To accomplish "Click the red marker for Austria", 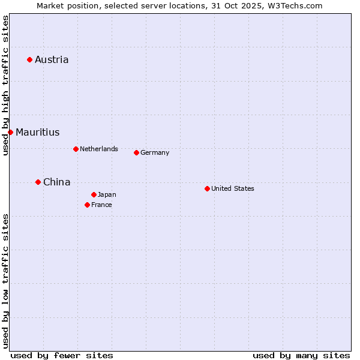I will tap(29, 59).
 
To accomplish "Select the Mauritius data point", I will tap(10, 132).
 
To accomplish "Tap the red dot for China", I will tap(38, 182).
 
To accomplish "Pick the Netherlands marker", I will tap(76, 149).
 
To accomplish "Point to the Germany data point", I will tap(136, 152).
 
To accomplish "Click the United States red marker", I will tap(207, 188).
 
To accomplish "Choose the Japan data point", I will tap(94, 194).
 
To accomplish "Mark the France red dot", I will tap(87, 205).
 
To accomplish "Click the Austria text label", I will tap(52, 59).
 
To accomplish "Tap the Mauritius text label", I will tap(38, 132).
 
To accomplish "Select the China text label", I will tap(57, 182).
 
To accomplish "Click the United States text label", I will tap(233, 188).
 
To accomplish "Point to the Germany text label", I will tap(155, 152).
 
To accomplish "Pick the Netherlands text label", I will tap(99, 149).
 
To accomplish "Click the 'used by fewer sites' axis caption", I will tap(62, 355).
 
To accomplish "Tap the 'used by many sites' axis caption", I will tap(301, 355).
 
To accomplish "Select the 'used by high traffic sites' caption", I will tap(5, 85).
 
